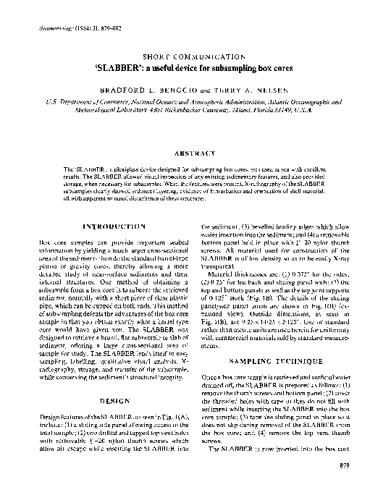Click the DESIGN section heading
pyautogui.click(x=116, y=399)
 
